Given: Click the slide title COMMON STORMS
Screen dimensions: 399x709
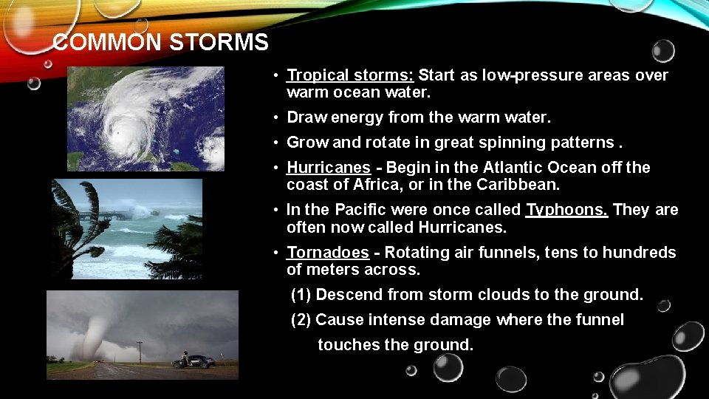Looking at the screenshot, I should [x=161, y=42].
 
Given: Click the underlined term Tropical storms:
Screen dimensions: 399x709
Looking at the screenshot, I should [x=350, y=75].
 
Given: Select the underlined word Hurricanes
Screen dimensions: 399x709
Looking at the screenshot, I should [x=326, y=168].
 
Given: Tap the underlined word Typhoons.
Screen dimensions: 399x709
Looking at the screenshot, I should [x=566, y=210].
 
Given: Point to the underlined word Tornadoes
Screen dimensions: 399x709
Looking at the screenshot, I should [x=327, y=253].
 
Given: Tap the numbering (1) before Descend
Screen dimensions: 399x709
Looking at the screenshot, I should [x=301, y=295].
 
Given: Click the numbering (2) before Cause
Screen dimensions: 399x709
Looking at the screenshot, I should [x=301, y=320].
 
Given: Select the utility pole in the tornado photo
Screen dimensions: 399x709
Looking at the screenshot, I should [x=140, y=351].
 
